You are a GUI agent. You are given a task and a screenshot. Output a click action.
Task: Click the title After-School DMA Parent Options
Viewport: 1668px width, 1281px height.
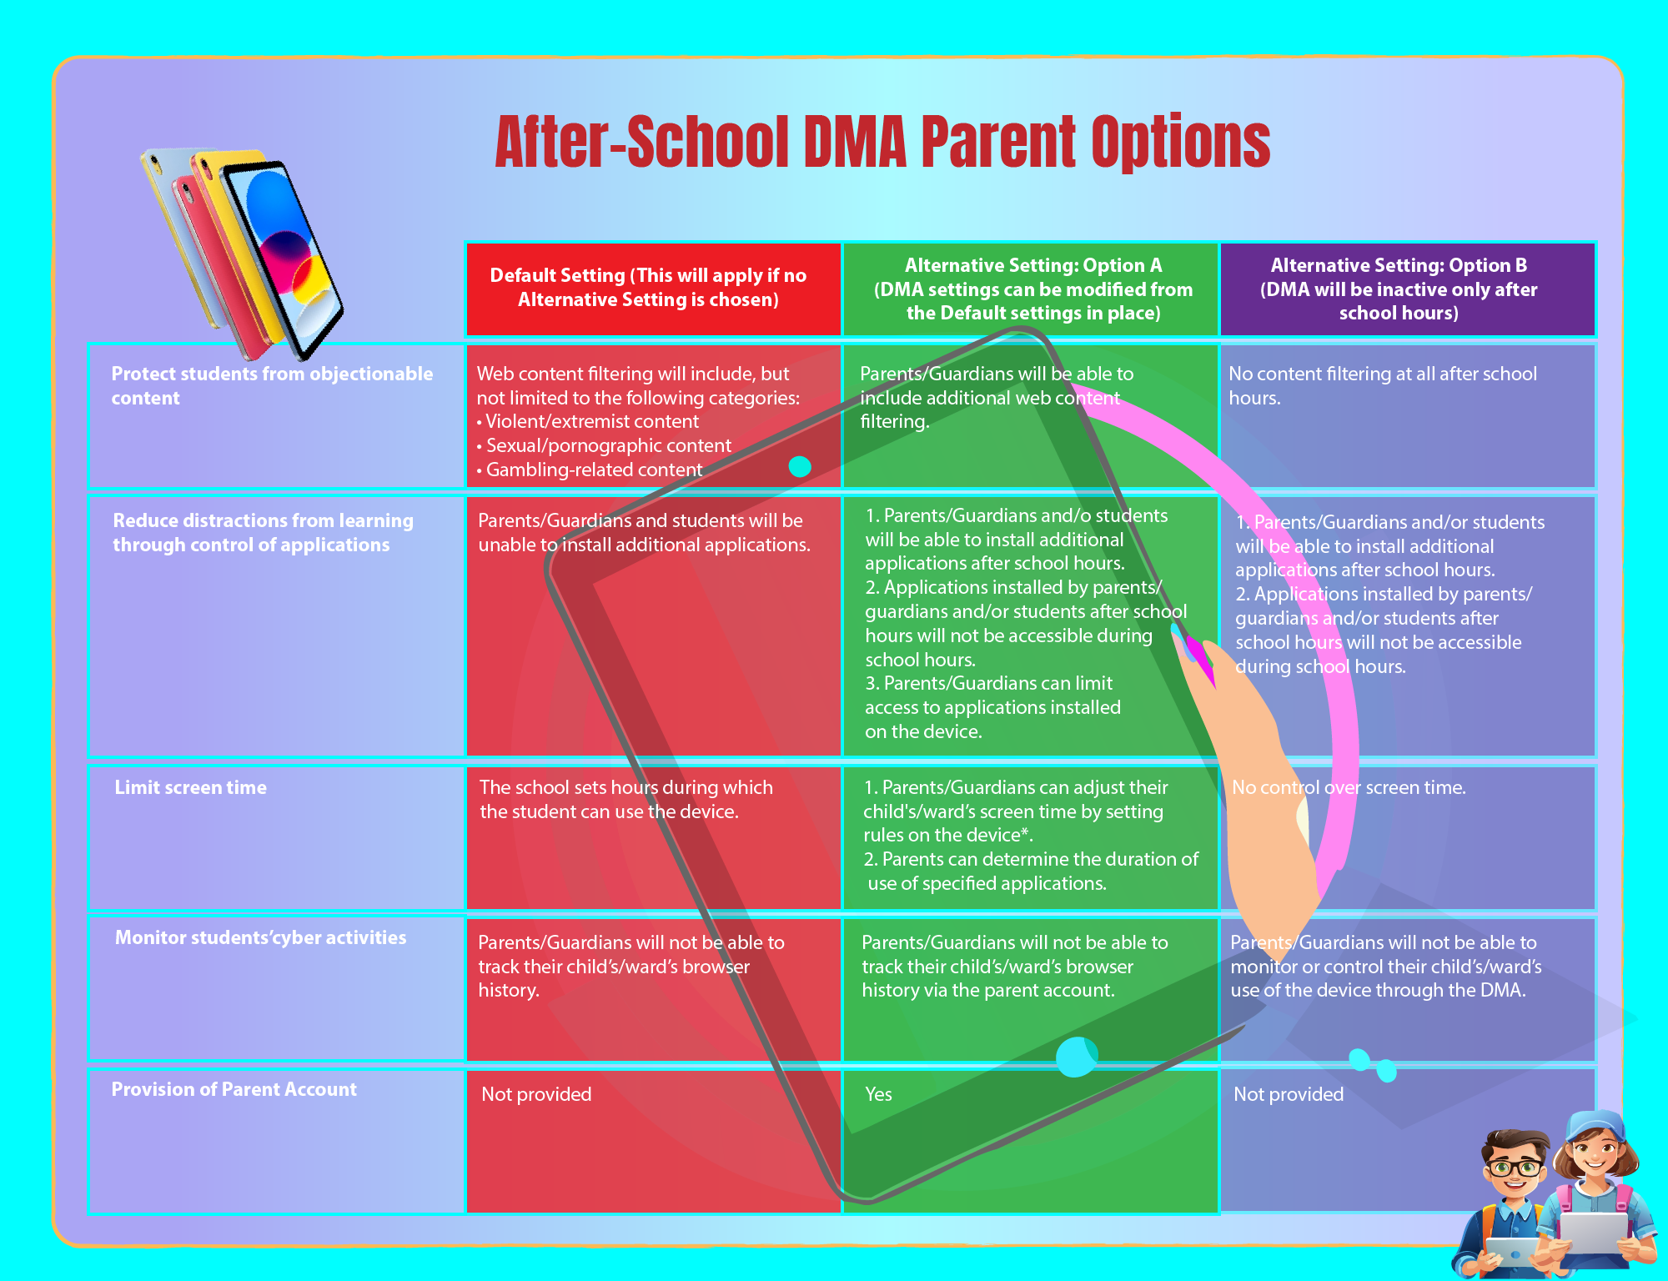coord(882,142)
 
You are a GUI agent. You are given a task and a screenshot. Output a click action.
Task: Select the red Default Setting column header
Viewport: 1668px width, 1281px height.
coord(653,289)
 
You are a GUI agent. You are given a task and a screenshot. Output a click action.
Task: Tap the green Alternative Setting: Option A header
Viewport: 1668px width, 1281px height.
coord(1031,289)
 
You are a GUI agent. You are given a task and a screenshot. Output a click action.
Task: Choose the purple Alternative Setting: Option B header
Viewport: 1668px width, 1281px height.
coord(1408,289)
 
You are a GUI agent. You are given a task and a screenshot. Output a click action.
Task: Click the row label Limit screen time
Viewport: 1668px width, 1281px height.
coord(191,787)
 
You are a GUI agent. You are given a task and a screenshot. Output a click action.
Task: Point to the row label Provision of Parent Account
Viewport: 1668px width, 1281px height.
coord(234,1089)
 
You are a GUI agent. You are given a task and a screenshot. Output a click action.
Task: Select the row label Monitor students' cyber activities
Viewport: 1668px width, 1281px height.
coord(261,937)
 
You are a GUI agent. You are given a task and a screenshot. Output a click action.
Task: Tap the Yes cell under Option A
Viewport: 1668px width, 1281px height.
coord(878,1094)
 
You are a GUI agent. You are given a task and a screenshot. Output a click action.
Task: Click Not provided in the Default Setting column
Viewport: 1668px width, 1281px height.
coord(536,1094)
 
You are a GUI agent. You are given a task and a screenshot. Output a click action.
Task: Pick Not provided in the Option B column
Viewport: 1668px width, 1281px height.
coord(1289,1094)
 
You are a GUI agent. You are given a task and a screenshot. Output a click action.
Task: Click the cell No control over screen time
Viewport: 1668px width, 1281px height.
coord(1349,787)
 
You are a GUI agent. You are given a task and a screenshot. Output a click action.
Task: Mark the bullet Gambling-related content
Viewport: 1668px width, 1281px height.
coord(590,470)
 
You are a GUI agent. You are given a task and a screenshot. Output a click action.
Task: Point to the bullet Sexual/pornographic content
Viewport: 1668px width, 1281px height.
coord(604,445)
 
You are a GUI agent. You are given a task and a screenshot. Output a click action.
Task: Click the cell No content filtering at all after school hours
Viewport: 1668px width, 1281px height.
coord(1383,385)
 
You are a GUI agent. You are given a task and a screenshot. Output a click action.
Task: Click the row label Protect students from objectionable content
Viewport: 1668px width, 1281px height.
coord(272,385)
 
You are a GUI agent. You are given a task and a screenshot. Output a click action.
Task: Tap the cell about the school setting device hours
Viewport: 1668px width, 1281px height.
coord(626,799)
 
